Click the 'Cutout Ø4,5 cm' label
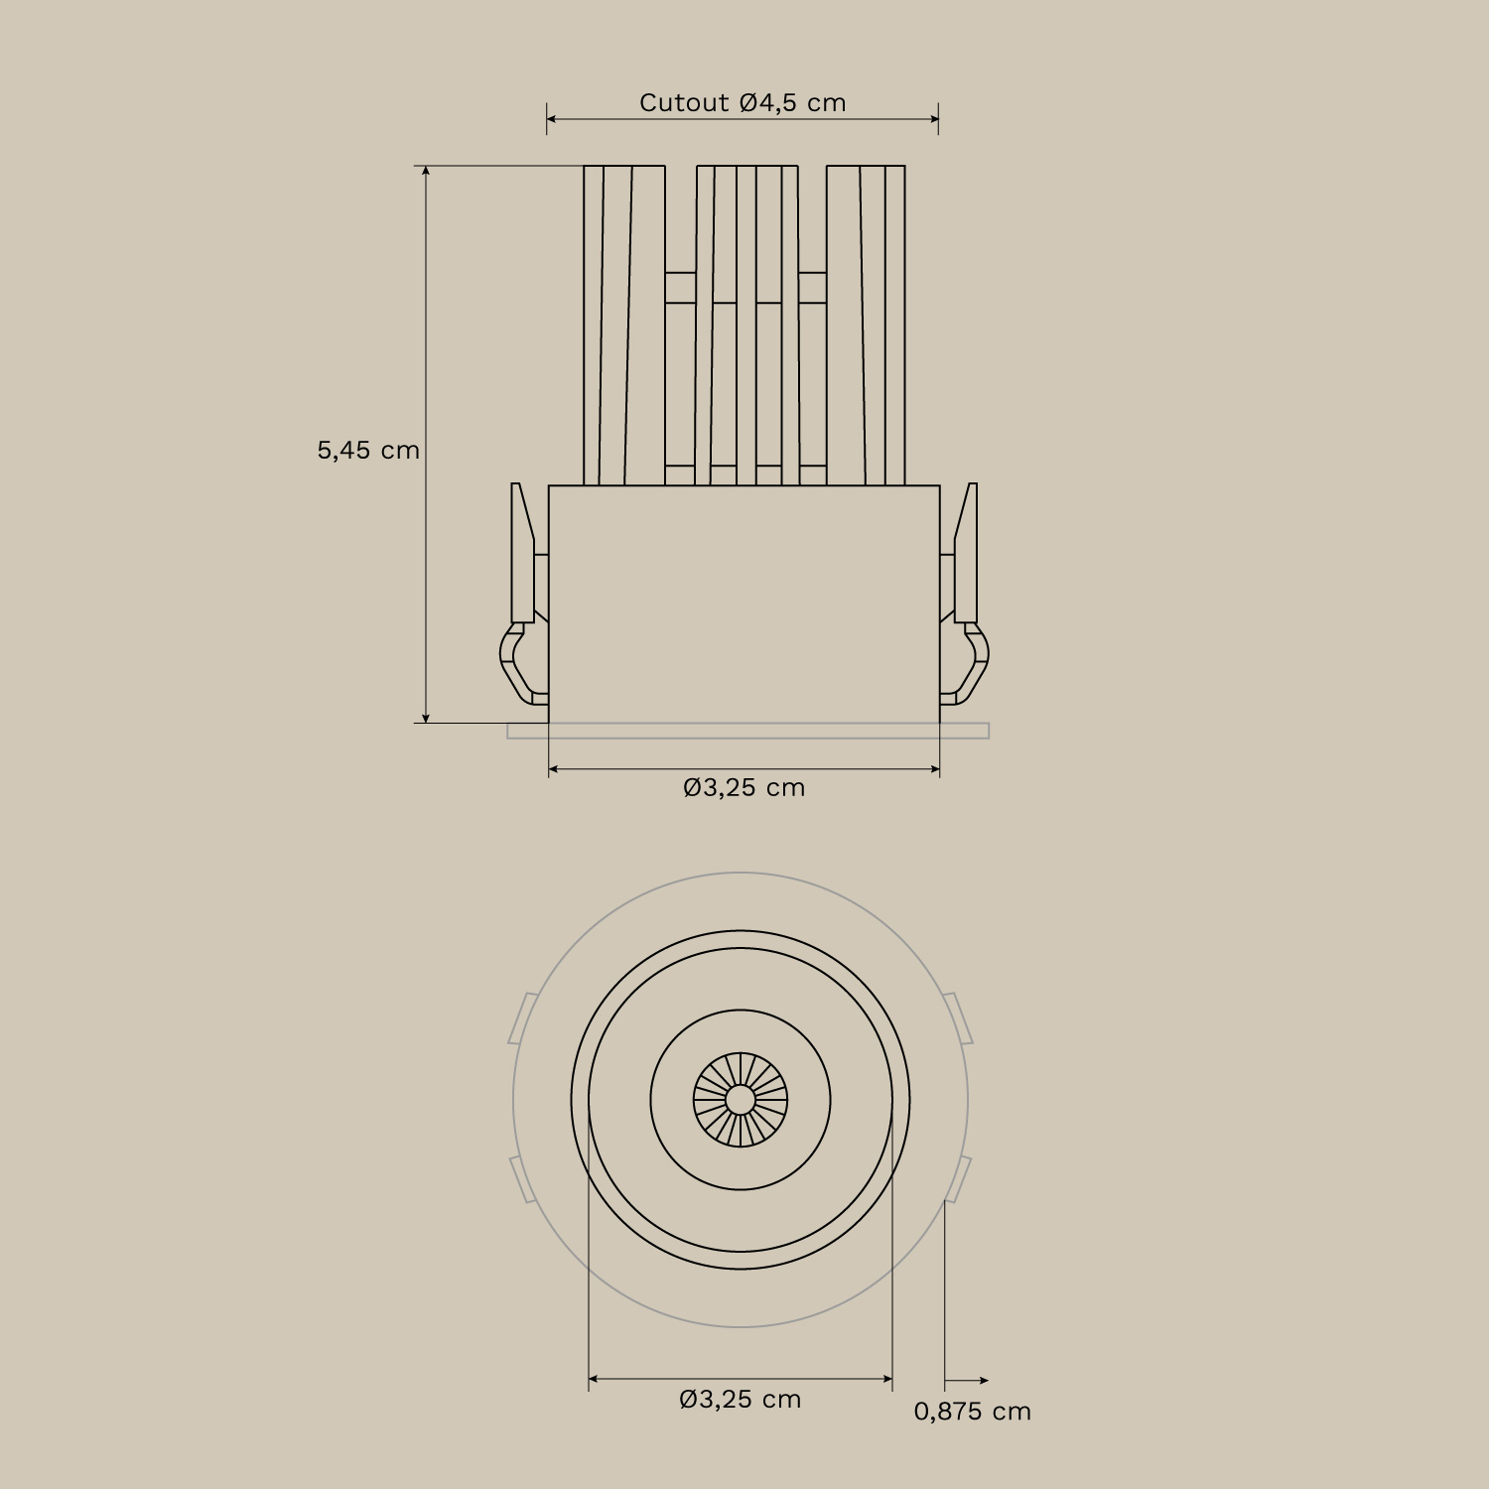coord(743,103)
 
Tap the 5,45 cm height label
coord(368,451)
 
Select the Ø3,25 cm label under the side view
coord(744,788)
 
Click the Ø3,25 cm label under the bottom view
coord(741,1400)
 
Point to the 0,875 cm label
coord(972,1412)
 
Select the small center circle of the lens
coord(740,1100)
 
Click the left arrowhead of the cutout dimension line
coord(552,119)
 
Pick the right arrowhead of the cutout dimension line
coord(933,119)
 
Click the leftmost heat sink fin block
coord(623,326)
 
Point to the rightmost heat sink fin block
coord(866,326)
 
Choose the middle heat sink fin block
coord(746,326)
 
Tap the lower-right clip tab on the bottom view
coord(958,1179)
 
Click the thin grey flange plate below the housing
coord(747,732)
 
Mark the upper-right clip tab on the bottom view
coord(958,1017)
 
